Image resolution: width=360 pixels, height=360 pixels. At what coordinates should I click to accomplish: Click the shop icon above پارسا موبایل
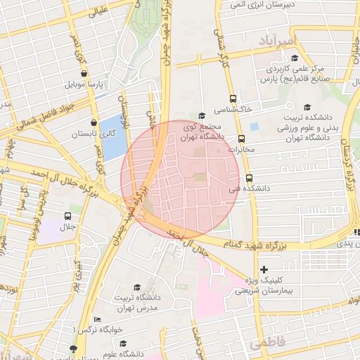[84, 72]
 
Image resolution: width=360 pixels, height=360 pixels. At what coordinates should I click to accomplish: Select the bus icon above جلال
[68, 217]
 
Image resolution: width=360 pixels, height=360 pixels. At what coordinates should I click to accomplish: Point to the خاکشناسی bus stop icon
[233, 99]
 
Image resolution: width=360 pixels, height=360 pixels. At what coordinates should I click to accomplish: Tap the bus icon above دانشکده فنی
[249, 178]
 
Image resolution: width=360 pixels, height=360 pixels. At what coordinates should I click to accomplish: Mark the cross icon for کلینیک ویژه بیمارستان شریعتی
[264, 269]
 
